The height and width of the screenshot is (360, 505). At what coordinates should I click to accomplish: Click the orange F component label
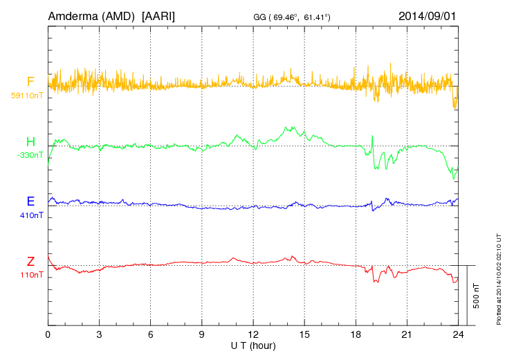[30, 82]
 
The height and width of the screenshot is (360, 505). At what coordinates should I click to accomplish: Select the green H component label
[30, 142]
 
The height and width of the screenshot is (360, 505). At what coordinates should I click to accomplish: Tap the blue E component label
[30, 202]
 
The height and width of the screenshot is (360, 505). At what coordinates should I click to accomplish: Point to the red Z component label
[30, 262]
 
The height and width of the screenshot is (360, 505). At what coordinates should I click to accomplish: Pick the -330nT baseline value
[30, 155]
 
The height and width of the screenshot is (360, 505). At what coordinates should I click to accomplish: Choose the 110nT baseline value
[32, 275]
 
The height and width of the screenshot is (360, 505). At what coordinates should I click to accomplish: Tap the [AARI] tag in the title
[158, 15]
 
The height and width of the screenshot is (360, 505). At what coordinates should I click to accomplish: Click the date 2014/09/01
[427, 15]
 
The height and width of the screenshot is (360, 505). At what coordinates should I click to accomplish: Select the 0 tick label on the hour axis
[48, 334]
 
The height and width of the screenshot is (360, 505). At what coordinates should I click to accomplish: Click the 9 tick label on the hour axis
[202, 334]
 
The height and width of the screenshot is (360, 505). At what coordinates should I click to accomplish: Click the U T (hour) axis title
[253, 345]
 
